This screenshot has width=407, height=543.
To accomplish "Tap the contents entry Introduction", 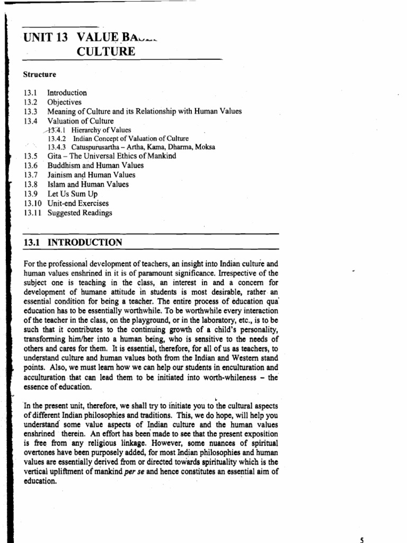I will (x=67, y=93).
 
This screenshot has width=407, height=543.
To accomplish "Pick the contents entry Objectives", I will (x=64, y=102).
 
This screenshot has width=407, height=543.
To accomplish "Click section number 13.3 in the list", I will (x=31, y=111).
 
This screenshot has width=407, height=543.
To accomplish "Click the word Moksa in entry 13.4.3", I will (x=204, y=147).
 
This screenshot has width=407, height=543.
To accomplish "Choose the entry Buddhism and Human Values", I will (x=95, y=165).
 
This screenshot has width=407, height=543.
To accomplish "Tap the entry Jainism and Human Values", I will (x=91, y=174).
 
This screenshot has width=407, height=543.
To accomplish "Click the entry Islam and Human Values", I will (x=88, y=185).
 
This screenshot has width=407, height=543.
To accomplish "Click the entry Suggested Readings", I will (x=79, y=213).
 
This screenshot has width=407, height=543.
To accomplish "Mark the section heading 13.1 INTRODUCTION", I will (x=73, y=243).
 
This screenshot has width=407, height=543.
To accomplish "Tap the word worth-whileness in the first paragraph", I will (x=237, y=378).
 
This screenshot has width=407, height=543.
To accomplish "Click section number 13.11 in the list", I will (x=32, y=213).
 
